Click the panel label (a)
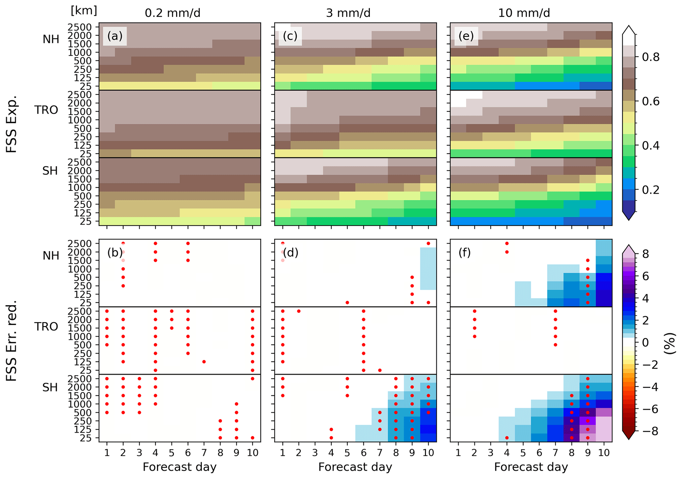coord(114,36)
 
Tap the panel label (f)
coord(465,253)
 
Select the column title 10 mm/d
coord(524,13)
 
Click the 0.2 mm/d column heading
coord(173,13)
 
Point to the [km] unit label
coord(84,11)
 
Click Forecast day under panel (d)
coord(355,467)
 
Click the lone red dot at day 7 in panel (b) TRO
coord(204,362)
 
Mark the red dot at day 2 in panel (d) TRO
coord(299,311)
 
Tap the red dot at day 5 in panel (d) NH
coord(347,303)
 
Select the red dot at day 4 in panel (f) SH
coord(507,438)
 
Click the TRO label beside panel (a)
coord(46,110)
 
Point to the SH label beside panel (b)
coord(50,387)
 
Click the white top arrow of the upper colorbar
coord(629,30)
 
